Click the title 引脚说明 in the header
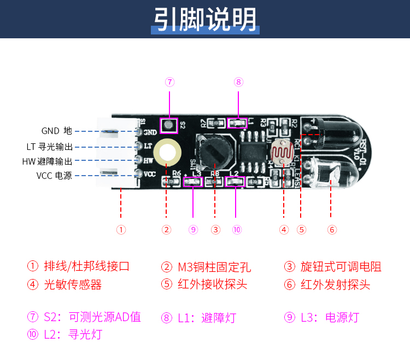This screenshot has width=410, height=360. [x=204, y=20]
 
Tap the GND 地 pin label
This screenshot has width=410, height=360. [x=56, y=131]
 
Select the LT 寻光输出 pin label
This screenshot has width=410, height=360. [x=49, y=146]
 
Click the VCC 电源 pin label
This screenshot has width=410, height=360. [x=54, y=176]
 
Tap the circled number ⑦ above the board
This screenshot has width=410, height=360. [x=170, y=82]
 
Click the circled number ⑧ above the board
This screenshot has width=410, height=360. [x=238, y=82]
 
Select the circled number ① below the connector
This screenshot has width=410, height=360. [x=121, y=230]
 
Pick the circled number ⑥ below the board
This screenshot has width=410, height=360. [x=332, y=230]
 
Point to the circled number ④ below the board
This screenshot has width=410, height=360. [x=284, y=230]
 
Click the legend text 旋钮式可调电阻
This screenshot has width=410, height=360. [x=341, y=267]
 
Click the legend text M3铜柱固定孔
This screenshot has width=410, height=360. [x=214, y=267]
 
